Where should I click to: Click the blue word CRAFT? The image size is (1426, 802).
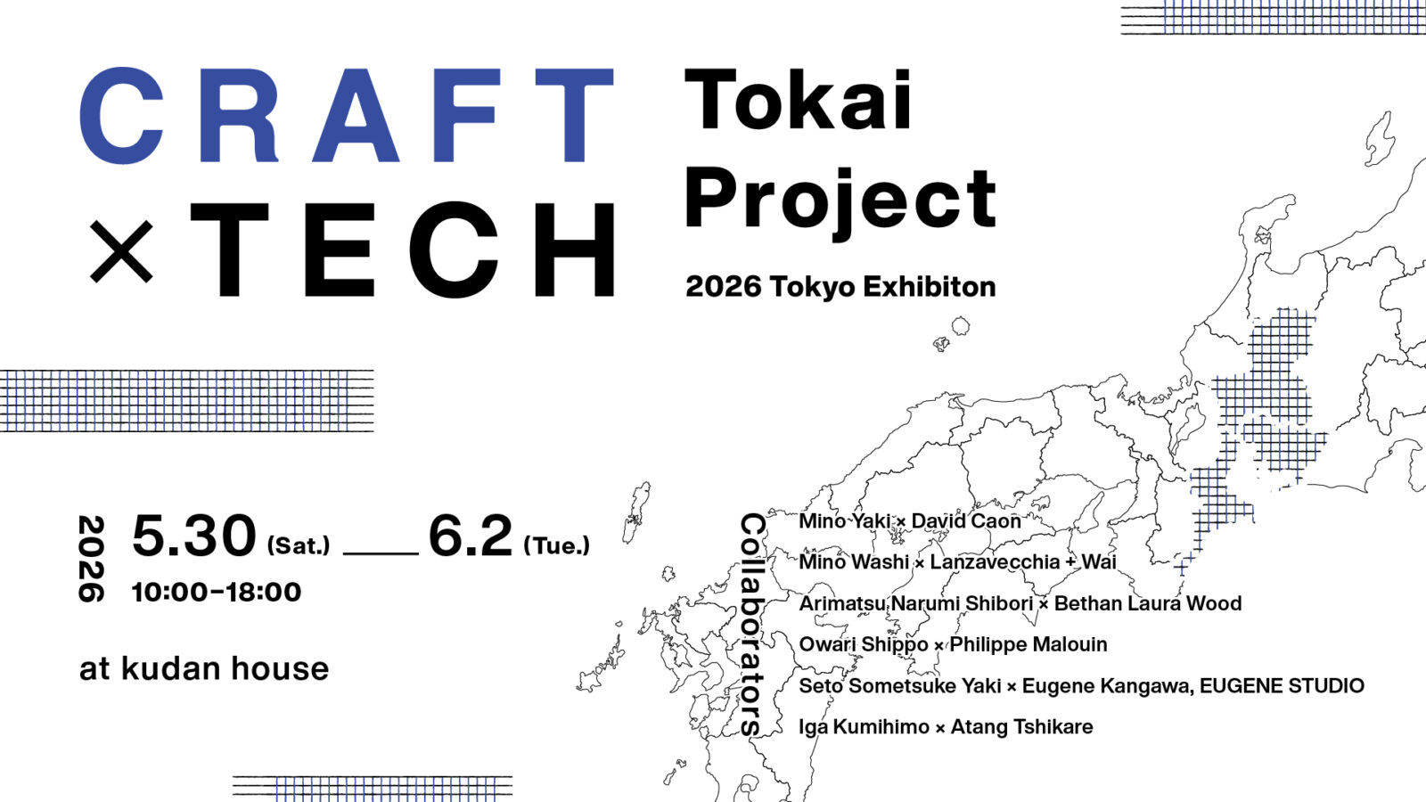(x=348, y=116)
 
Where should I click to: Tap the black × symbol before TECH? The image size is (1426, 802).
(x=122, y=250)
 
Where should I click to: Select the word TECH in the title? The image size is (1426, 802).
(x=404, y=250)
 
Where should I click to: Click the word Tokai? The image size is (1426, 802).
(x=799, y=101)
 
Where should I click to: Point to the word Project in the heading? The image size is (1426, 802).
(x=840, y=201)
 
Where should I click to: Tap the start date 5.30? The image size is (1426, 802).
(x=194, y=536)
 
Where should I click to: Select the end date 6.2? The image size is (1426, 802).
(x=471, y=536)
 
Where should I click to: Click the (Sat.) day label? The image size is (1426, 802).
(x=299, y=545)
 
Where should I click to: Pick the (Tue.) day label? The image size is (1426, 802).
(x=557, y=545)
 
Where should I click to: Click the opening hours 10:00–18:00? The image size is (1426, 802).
(x=217, y=592)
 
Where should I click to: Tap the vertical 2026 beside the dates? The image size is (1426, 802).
(x=91, y=559)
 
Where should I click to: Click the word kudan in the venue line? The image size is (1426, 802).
(x=171, y=668)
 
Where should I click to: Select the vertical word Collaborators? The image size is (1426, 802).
(x=752, y=624)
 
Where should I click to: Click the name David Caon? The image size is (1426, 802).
(x=966, y=520)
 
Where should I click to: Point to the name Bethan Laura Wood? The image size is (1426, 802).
(x=1148, y=603)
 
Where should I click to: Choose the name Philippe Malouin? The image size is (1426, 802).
(x=1029, y=644)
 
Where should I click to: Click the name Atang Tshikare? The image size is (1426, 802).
(x=1021, y=727)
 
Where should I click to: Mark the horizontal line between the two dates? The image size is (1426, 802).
(x=381, y=553)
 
